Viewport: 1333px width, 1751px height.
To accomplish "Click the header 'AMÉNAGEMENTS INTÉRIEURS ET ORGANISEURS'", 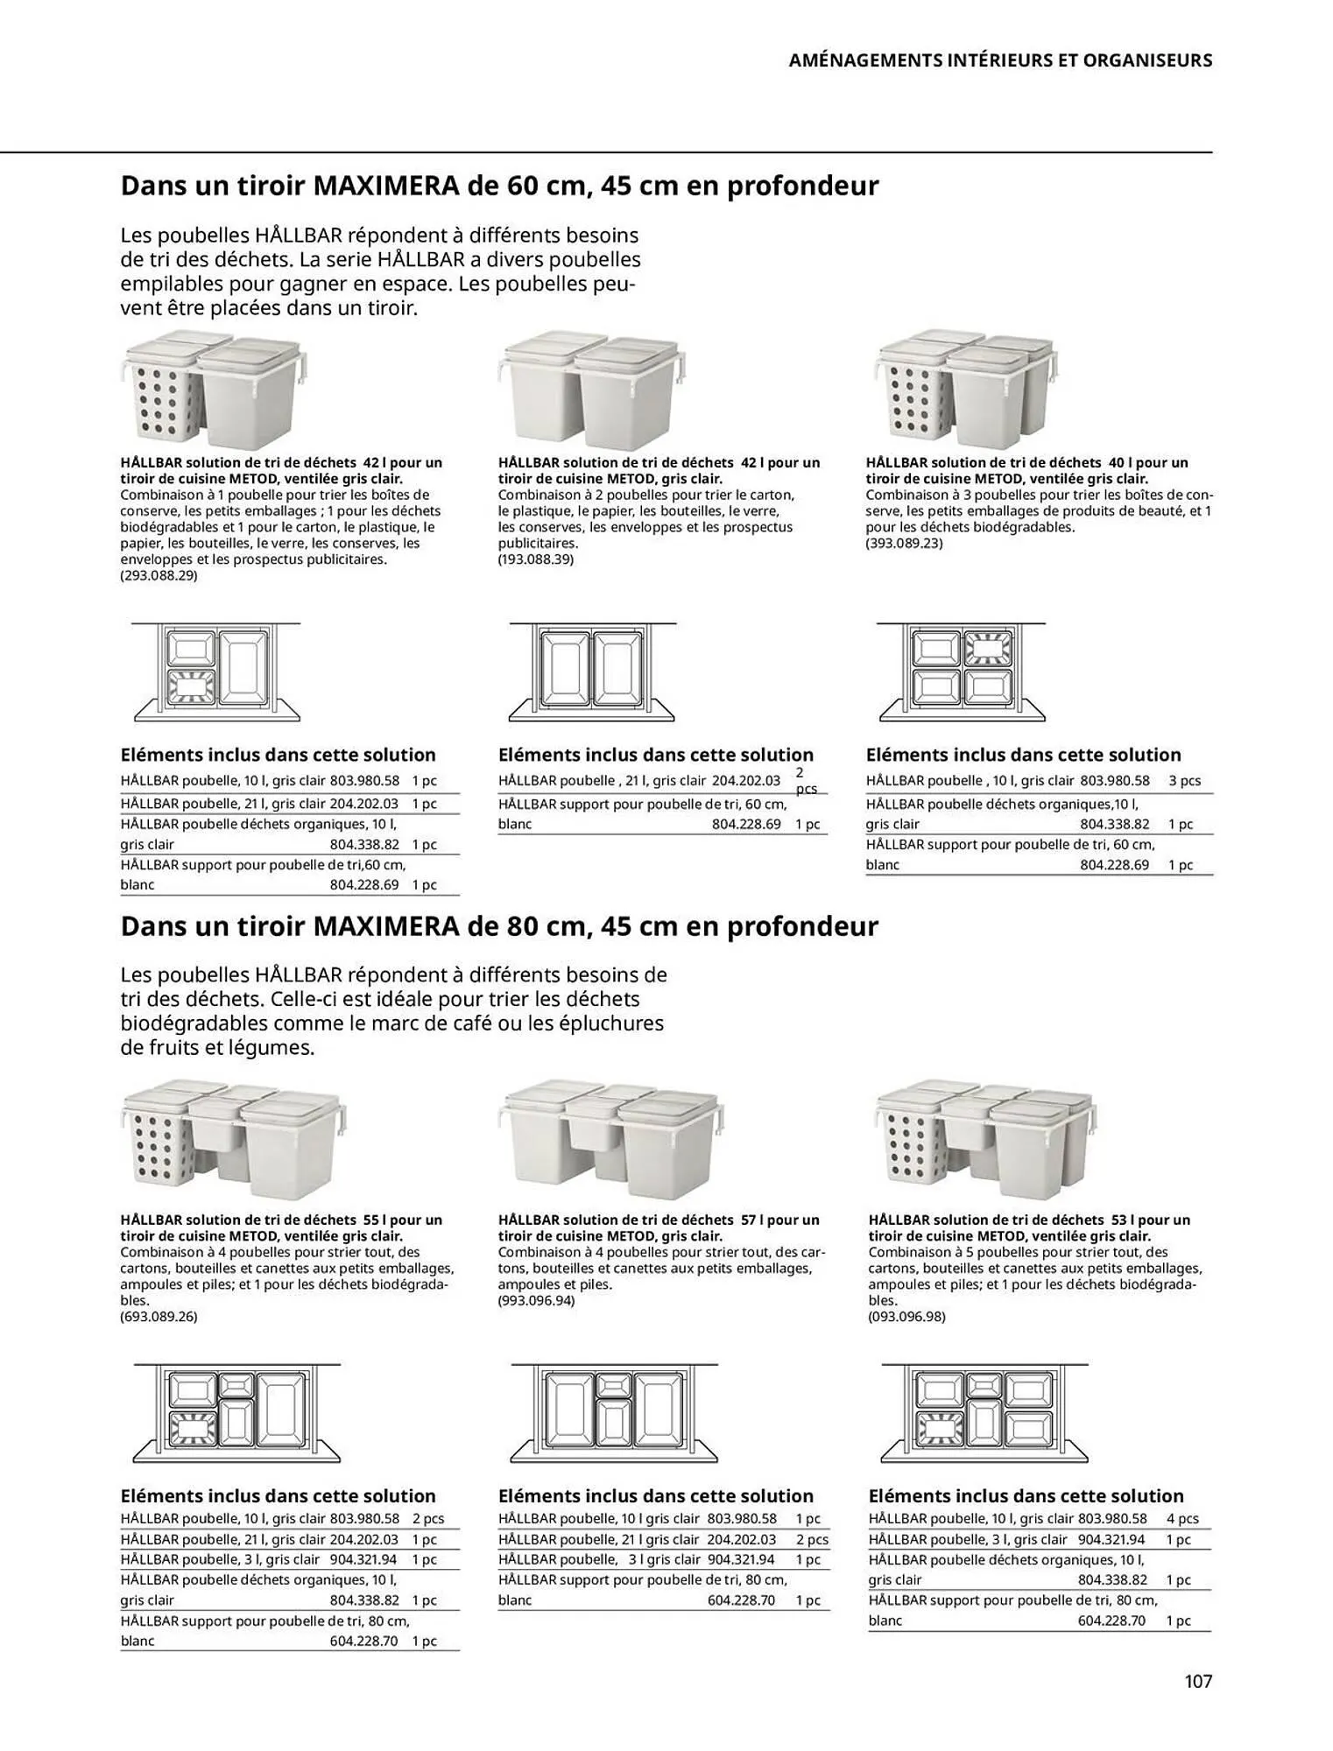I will click(1000, 60).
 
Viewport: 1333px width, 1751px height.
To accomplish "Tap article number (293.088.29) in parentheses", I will click(159, 575).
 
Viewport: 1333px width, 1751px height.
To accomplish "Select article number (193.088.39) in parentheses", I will click(535, 559).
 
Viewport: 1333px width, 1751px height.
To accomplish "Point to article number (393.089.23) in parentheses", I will click(904, 543).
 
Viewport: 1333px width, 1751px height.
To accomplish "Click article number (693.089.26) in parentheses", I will click(159, 1316).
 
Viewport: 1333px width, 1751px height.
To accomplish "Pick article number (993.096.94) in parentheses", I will click(536, 1300).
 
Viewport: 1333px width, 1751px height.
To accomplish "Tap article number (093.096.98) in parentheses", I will click(906, 1316).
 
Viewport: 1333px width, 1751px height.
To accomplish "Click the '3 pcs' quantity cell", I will click(1184, 780).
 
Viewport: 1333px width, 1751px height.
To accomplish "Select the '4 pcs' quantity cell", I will click(1182, 1518).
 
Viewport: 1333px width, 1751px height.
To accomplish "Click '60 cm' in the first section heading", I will click(537, 186).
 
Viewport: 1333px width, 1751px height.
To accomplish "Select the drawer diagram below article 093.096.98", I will click(984, 1412).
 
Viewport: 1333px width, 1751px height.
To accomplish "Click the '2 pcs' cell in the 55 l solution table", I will click(427, 1518).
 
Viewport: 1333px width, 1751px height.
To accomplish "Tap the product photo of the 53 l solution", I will click(985, 1138).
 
